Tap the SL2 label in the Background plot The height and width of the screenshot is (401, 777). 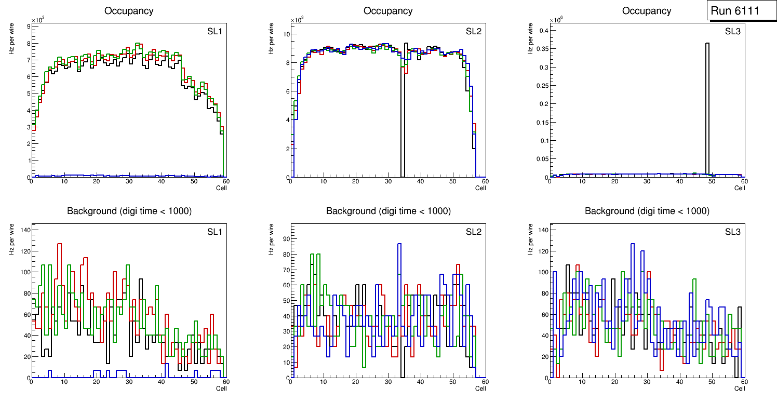pos(473,232)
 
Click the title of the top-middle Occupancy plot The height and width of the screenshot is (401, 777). pos(388,11)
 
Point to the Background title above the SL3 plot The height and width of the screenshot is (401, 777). pos(647,211)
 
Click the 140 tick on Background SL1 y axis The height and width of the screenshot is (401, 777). pos(24,230)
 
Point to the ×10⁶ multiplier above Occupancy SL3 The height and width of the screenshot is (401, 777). pos(557,20)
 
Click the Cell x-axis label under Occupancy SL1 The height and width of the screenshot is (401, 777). pos(221,188)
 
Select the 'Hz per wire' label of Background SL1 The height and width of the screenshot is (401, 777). pos(11,239)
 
